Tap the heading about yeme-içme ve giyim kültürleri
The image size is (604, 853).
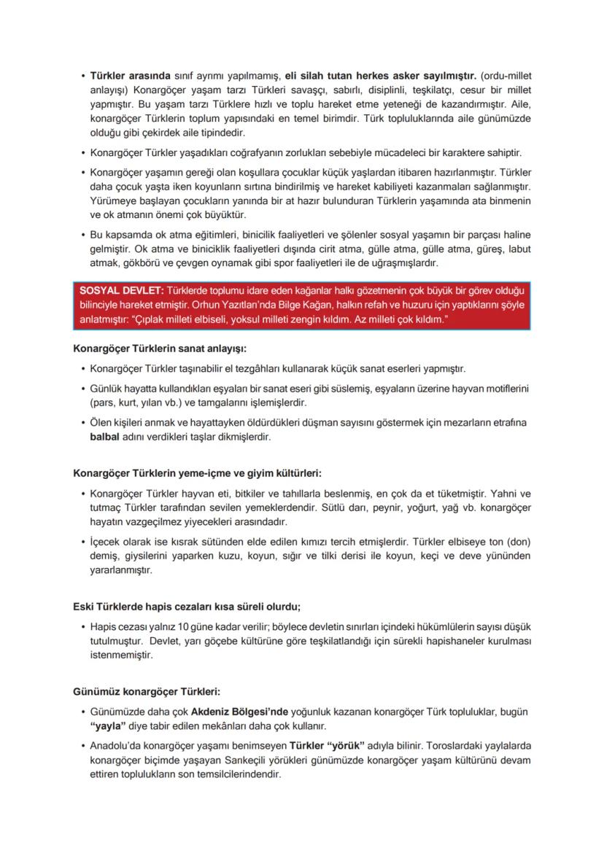point(197,472)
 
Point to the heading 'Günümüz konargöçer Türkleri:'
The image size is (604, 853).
point(146,690)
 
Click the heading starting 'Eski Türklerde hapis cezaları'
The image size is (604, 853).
point(187,605)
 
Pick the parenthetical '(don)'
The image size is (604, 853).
point(518,542)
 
